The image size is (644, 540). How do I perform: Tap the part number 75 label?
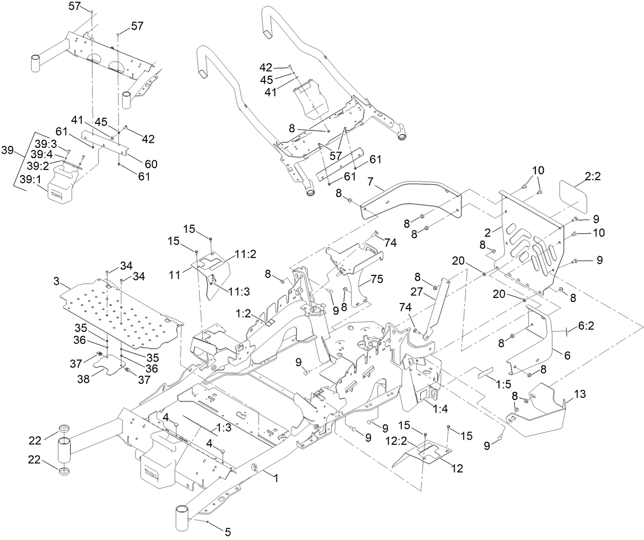377,280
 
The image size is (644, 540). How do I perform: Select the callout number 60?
151,164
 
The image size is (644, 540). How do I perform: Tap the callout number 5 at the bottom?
228,531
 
